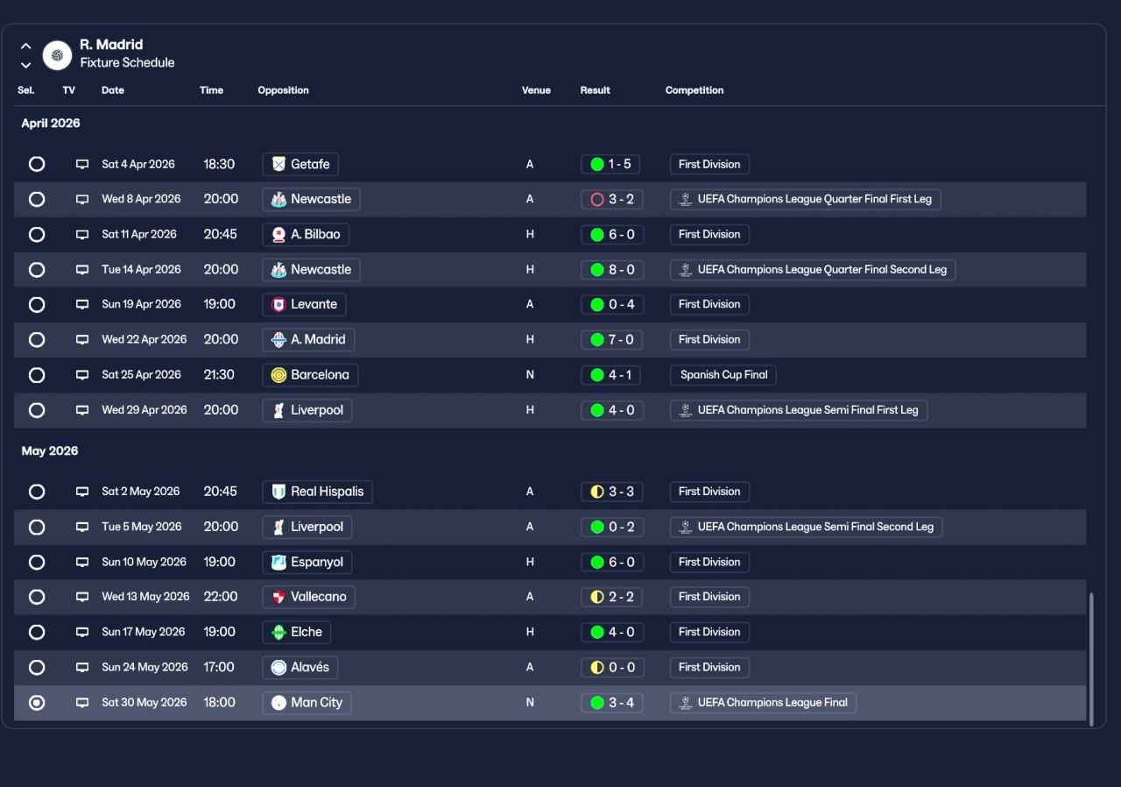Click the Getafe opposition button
click(300, 164)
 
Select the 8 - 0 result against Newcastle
click(611, 269)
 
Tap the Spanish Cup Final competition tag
click(723, 374)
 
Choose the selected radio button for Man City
click(37, 702)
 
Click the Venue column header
click(536, 90)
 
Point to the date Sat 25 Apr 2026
click(141, 374)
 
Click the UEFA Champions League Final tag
click(763, 702)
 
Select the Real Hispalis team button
click(317, 492)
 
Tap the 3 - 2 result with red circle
click(611, 199)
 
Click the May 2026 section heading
click(50, 450)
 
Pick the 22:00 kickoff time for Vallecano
click(220, 597)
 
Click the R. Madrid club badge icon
click(57, 55)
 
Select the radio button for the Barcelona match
click(37, 374)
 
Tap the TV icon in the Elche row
click(82, 632)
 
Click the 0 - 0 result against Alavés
click(611, 667)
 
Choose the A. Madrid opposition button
click(308, 339)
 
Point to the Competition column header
click(694, 90)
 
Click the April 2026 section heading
click(51, 123)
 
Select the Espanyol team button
click(307, 562)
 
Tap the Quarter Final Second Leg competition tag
click(812, 269)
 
